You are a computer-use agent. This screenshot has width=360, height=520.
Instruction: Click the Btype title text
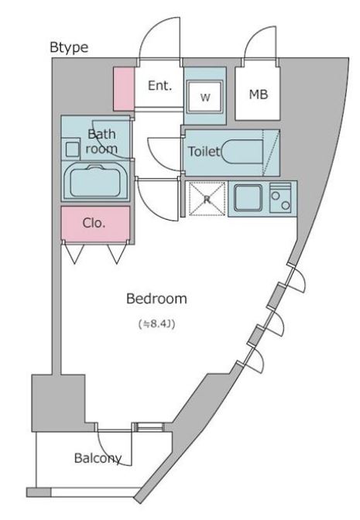[x=69, y=47]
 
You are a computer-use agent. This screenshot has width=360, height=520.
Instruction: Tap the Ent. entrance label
[x=160, y=86]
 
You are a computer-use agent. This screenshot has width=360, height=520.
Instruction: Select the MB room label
[x=259, y=94]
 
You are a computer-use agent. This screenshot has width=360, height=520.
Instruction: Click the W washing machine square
[x=205, y=97]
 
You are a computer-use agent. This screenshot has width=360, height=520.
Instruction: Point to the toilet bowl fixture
[x=242, y=152]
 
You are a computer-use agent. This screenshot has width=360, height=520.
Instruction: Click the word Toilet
[x=204, y=152]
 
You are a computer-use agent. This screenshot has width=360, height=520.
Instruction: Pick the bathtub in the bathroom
[x=95, y=181]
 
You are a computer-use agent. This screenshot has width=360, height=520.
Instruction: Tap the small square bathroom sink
[x=72, y=149]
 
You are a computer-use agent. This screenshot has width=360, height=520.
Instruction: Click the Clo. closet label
[x=94, y=223]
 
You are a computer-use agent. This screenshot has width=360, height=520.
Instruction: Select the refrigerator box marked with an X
[x=207, y=199]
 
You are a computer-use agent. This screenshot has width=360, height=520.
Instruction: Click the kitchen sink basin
[x=249, y=198]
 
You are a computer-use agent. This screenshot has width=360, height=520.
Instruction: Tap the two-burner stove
[x=280, y=197]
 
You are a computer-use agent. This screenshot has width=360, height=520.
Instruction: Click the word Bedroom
[x=156, y=299]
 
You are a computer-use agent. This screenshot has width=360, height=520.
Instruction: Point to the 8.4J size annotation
[x=156, y=323]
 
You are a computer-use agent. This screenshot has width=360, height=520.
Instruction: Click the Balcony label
[x=98, y=458]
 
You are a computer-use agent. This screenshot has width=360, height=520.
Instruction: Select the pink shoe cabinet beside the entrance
[x=124, y=88]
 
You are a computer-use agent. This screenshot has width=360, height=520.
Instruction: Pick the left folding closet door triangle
[x=74, y=254]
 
